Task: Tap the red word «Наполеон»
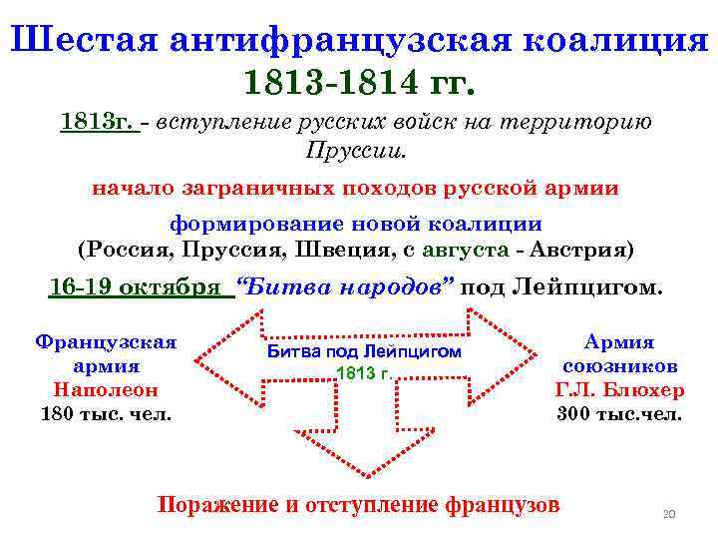tap(106, 389)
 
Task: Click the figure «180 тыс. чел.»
tap(106, 412)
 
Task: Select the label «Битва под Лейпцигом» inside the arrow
tap(365, 351)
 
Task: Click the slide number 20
tap(669, 514)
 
